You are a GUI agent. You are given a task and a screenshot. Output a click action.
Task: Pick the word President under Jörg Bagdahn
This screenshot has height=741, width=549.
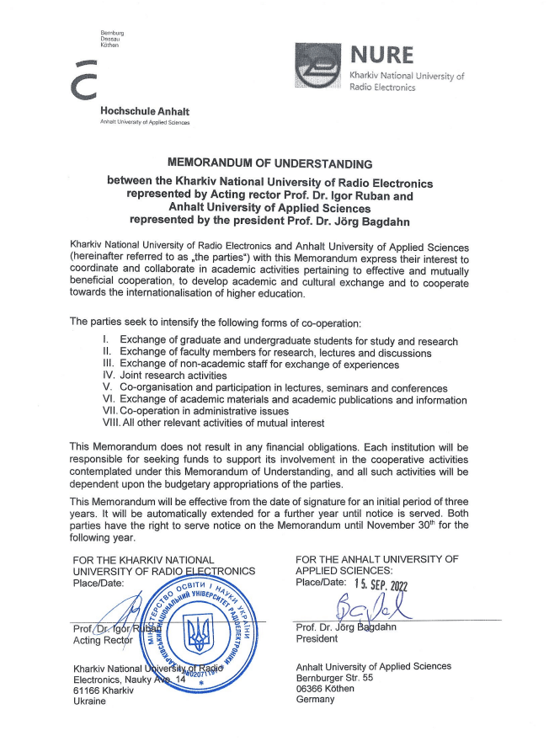317,638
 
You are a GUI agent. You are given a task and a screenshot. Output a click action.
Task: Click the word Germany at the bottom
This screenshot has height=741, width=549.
316,699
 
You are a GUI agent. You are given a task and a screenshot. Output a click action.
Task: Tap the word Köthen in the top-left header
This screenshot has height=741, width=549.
109,45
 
